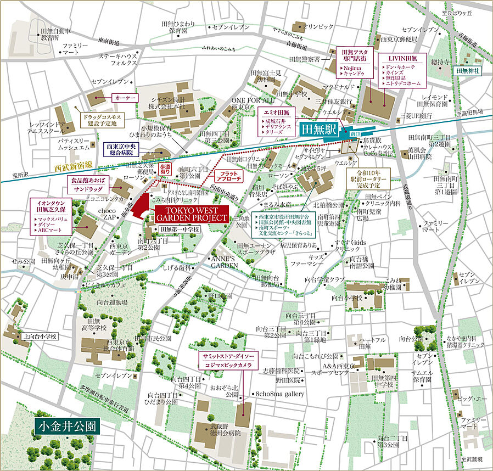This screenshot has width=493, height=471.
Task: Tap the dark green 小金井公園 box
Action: (x=65, y=426)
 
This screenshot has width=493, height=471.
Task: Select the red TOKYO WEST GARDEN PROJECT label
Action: (x=191, y=214)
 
